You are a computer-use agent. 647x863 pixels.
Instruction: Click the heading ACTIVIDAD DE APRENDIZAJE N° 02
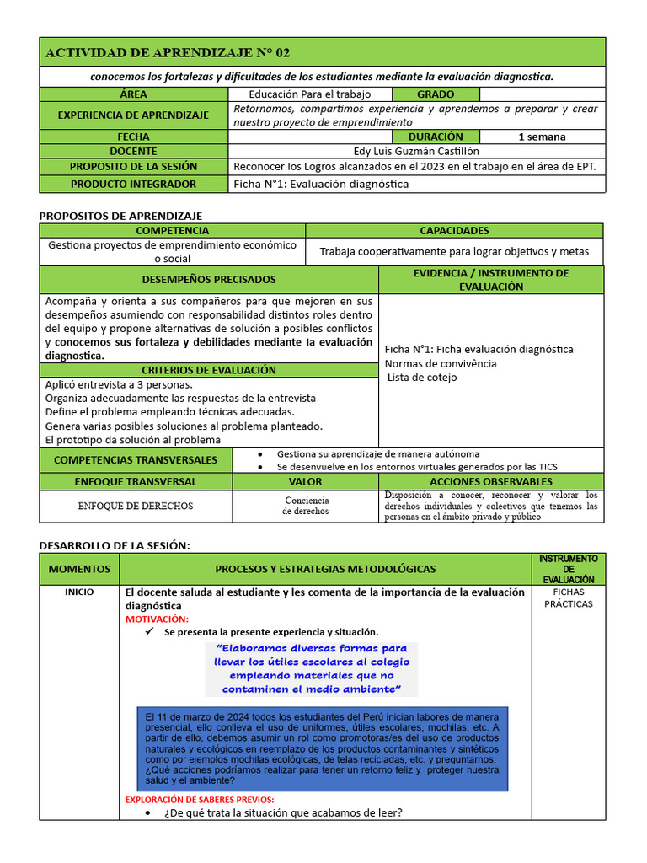167,53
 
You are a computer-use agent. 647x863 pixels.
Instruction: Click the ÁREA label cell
133,94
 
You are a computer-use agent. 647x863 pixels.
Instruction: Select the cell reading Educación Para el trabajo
310,94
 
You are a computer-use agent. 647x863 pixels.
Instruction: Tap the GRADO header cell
436,94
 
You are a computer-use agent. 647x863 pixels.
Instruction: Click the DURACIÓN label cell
436,137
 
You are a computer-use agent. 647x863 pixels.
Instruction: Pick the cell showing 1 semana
542,137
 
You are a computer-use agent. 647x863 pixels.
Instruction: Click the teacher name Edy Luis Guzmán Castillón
416,151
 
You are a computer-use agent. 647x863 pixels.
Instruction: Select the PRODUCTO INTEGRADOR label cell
133,184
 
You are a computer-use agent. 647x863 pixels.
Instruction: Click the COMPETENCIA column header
173,230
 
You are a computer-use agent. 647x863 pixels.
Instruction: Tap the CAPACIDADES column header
454,230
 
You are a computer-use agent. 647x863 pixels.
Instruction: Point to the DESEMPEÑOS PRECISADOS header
209,280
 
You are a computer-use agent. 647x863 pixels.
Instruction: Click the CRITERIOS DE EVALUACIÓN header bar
209,370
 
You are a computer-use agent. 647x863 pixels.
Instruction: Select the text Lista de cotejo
422,378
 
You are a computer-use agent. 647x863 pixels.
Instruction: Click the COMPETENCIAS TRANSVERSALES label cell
135,460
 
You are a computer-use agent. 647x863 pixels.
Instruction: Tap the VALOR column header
305,481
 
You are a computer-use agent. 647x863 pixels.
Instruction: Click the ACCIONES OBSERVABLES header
490,481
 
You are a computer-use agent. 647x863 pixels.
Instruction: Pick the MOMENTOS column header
79,569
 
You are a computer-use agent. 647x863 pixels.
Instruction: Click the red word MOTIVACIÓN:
157,619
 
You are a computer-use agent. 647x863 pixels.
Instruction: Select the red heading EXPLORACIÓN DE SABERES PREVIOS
200,800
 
